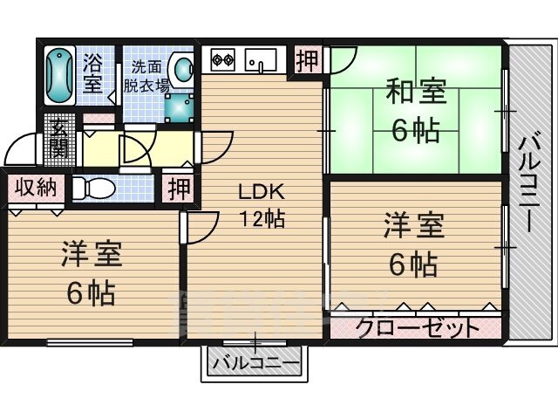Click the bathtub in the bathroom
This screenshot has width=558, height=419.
(59, 76)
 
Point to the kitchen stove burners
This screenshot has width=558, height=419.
(222, 61)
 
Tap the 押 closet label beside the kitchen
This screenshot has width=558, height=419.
(307, 61)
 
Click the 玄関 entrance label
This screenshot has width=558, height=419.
(59, 140)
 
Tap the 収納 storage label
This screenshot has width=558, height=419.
(36, 187)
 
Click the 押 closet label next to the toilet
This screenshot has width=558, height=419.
(179, 188)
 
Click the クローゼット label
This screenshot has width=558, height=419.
(417, 328)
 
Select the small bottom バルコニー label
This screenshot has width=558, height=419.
(255, 361)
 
